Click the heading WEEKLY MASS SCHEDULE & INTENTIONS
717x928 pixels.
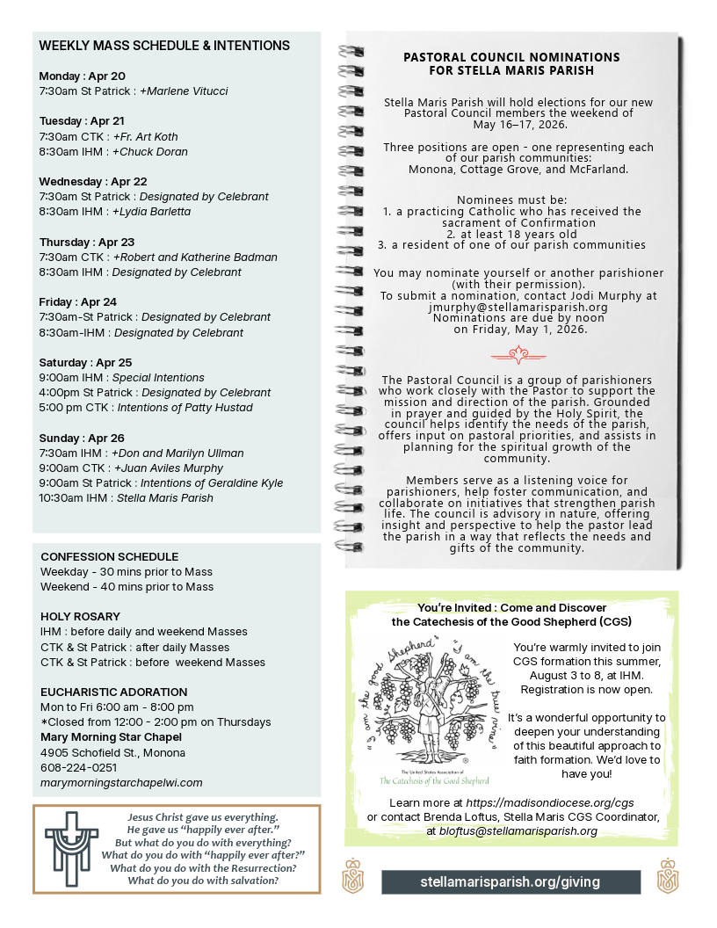(164, 45)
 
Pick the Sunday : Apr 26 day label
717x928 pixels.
(82, 438)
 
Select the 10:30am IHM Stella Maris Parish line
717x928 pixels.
(127, 498)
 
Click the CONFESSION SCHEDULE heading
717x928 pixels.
(110, 556)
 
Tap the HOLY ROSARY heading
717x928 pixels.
(81, 616)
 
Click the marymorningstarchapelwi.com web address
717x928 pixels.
(121, 782)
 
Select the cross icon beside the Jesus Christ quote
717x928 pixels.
(67, 848)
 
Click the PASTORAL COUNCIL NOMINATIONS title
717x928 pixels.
(511, 63)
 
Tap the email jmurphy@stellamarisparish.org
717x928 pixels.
(518, 308)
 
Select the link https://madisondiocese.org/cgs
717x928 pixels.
(550, 802)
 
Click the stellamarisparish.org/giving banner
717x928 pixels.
(510, 881)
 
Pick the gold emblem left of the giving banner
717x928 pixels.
(352, 876)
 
